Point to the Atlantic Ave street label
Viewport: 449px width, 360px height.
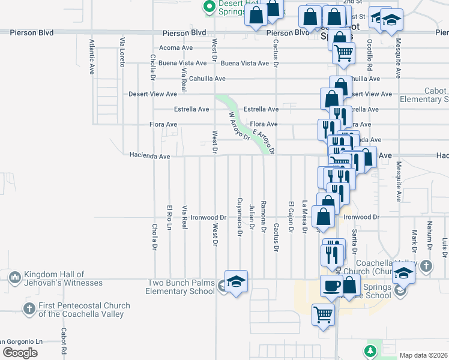(92, 56)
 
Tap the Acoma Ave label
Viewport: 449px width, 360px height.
(175, 47)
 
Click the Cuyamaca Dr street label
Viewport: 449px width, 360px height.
(240, 217)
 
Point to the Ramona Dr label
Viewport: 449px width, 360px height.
(264, 217)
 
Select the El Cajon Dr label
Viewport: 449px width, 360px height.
(291, 217)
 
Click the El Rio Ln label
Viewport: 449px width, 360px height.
(169, 217)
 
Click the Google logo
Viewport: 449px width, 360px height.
(20, 353)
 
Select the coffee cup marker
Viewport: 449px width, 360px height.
(331, 286)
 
